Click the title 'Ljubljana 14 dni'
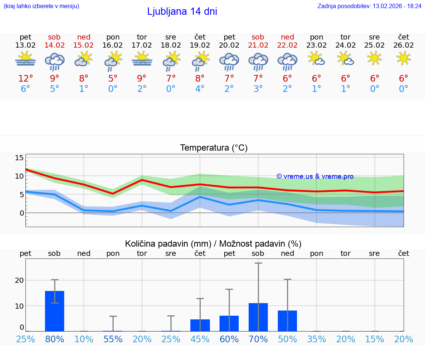(x=182, y=11)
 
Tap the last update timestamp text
(x=369, y=6)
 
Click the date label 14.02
(x=54, y=45)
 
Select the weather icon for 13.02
(x=25, y=59)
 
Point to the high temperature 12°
(x=25, y=79)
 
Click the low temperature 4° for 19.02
(x=200, y=89)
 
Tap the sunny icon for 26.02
(x=404, y=58)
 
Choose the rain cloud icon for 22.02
(x=287, y=61)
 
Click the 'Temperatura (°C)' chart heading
(x=214, y=148)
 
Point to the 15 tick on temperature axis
(x=19, y=158)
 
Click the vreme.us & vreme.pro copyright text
(x=315, y=176)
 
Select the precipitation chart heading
(x=213, y=244)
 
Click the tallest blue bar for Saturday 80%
(x=55, y=311)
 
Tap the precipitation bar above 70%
(x=258, y=317)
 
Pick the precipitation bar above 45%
(x=200, y=325)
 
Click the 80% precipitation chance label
(x=55, y=339)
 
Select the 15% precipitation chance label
(x=374, y=339)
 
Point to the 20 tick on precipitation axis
(x=19, y=280)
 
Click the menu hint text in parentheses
(x=41, y=6)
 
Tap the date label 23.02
(x=317, y=45)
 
